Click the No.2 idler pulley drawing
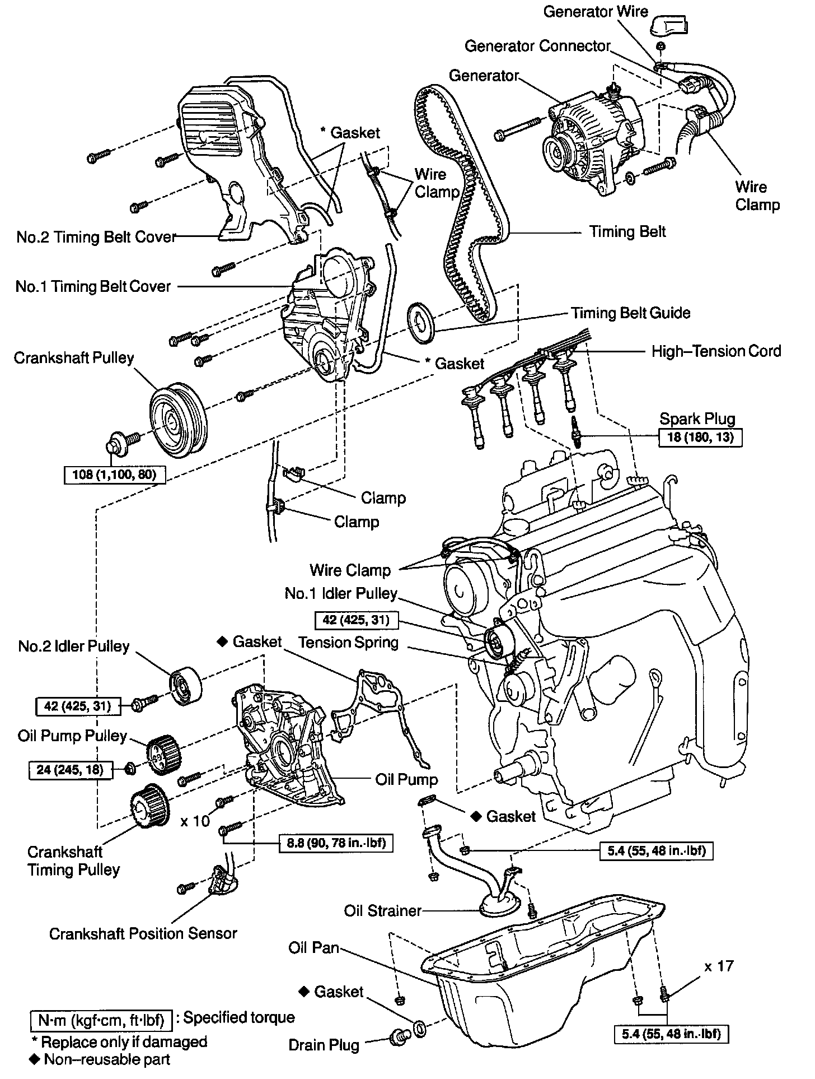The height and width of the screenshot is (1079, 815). [186, 687]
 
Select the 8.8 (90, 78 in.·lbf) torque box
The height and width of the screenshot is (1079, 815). [336, 843]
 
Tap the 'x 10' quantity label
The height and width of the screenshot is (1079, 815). [195, 821]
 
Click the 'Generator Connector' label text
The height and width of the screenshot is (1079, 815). [537, 46]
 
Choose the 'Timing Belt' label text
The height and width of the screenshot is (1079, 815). [627, 231]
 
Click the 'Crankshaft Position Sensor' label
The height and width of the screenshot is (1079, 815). [143, 933]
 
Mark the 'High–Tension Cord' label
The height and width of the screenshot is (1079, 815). [716, 351]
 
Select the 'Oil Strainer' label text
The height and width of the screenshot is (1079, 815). [382, 910]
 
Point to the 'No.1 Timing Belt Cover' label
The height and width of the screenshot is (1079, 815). [93, 286]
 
